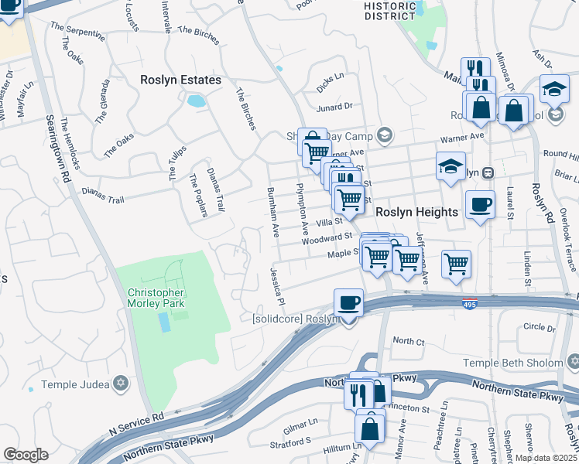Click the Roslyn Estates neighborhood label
pyautogui.click(x=180, y=80)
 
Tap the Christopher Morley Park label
pyautogui.click(x=156, y=298)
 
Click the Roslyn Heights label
pyautogui.click(x=418, y=210)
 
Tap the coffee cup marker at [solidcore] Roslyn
pyautogui.click(x=348, y=302)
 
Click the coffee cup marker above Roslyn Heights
pyautogui.click(x=480, y=205)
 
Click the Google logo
pyautogui.click(x=26, y=455)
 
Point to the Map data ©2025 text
pyautogui.click(x=545, y=458)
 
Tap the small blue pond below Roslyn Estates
pyautogui.click(x=196, y=101)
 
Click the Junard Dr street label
pyautogui.click(x=334, y=106)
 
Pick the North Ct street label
pyautogui.click(x=409, y=340)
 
